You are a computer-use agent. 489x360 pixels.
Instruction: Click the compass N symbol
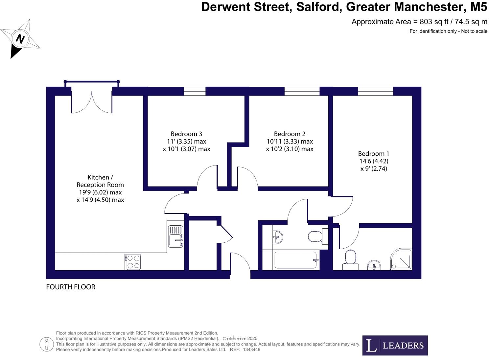pos(20,39)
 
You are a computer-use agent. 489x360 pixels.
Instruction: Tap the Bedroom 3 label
pos(186,134)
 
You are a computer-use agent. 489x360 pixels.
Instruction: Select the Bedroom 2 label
pos(290,134)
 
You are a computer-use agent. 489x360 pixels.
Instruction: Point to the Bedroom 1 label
pos(373,154)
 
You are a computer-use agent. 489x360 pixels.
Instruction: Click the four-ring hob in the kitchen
pos(133,262)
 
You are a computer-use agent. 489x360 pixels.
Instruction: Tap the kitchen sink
pos(175,236)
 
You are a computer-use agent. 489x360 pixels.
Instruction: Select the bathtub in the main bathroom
pos(296,260)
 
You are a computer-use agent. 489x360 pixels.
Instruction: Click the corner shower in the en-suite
pos(401,259)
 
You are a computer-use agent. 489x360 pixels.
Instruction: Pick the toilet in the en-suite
pos(350,259)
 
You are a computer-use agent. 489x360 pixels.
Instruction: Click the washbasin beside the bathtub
pos(278,236)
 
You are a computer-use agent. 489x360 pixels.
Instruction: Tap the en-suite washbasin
pos(374,265)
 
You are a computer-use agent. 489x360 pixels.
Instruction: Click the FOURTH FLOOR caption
pos(71,287)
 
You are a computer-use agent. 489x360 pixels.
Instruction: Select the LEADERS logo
pos(395,345)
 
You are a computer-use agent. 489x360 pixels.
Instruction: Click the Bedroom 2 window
pos(302,91)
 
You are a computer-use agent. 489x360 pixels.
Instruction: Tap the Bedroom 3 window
pos(195,91)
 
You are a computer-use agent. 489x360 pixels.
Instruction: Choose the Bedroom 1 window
pos(375,91)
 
